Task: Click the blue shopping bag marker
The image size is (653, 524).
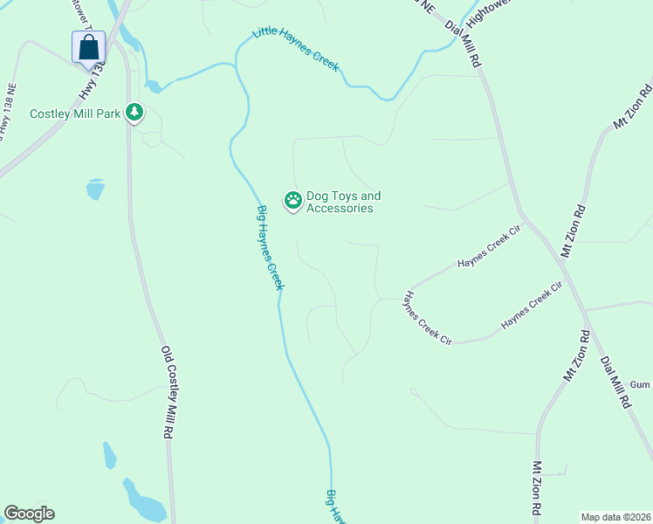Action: click(x=88, y=47)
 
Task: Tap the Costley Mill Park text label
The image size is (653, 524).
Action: click(x=75, y=114)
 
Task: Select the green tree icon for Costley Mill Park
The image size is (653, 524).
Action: click(x=134, y=113)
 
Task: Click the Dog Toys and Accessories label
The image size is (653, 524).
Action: click(x=343, y=203)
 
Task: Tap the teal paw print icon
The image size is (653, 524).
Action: click(x=292, y=201)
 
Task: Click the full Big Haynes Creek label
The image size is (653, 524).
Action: click(x=271, y=247)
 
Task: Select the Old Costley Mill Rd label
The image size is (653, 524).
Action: click(x=169, y=392)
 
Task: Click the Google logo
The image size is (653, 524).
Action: click(x=29, y=514)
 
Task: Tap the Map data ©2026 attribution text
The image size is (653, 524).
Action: click(x=615, y=517)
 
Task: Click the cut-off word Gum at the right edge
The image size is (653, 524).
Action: click(x=642, y=385)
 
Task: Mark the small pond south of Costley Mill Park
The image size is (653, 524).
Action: click(x=94, y=189)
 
